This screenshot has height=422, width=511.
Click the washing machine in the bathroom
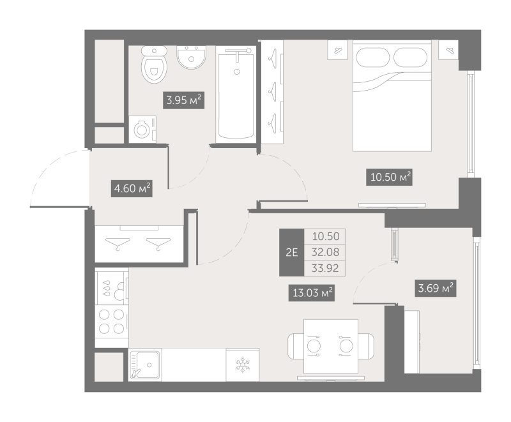(142, 130)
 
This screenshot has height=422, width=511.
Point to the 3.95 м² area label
(184, 100)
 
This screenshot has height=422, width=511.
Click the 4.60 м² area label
(131, 189)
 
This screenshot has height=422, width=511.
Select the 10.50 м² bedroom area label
(389, 176)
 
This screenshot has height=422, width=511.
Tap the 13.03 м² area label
(312, 292)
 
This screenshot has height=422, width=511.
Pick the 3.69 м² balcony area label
(434, 289)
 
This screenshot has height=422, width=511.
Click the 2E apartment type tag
(291, 252)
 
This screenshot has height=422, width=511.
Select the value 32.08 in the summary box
(326, 252)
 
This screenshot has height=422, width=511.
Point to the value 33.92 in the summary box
(326, 268)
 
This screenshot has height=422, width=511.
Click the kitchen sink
(146, 366)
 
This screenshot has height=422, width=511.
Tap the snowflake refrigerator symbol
(242, 366)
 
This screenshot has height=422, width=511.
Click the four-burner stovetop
(111, 320)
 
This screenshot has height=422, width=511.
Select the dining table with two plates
(330, 345)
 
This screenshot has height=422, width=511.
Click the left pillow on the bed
(369, 57)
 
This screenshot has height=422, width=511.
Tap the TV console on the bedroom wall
(392, 205)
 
